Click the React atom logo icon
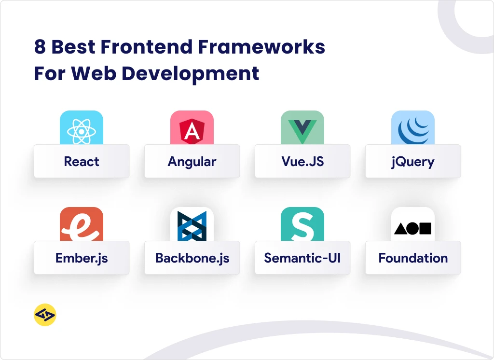tap(82, 131)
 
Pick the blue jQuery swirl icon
tap(413, 130)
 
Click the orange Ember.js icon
tap(82, 224)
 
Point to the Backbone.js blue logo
tap(192, 226)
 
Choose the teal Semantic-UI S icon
tap(302, 224)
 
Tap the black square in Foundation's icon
tap(425, 229)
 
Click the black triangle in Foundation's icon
tap(400, 229)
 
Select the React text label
tap(82, 161)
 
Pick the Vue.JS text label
tap(302, 161)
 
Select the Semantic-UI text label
tap(302, 258)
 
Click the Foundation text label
tap(413, 258)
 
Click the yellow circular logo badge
tap(45, 315)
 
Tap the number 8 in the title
tap(40, 47)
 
